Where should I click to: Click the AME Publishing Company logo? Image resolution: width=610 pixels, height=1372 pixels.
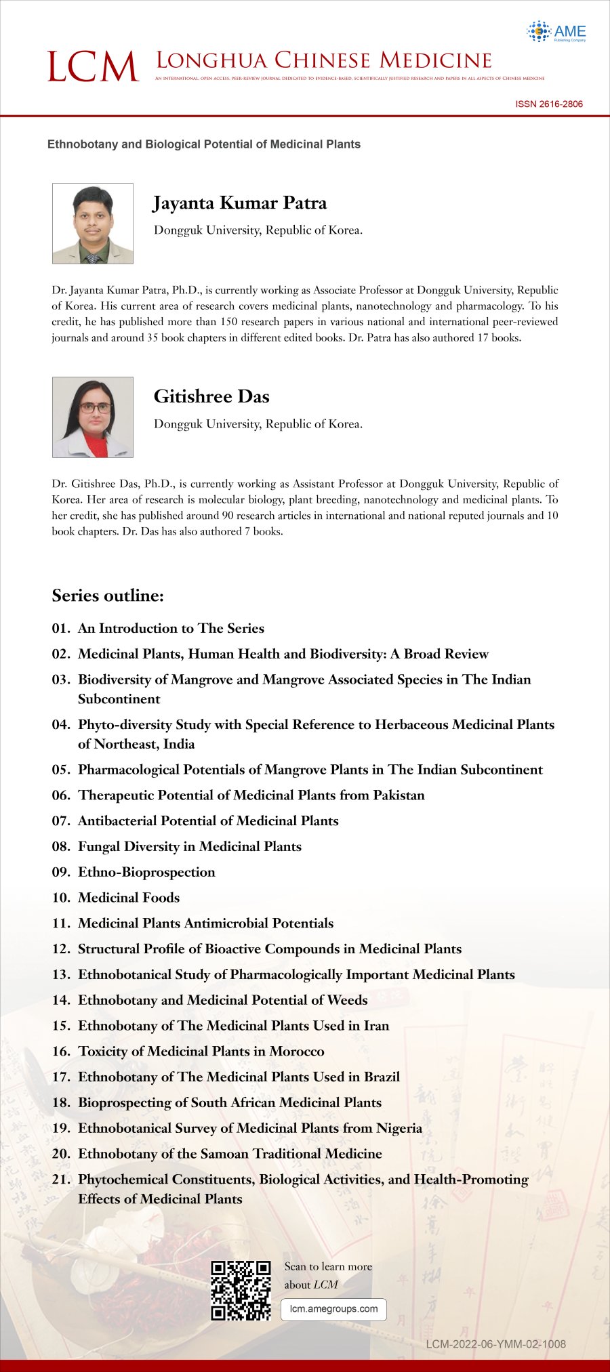[x=556, y=31]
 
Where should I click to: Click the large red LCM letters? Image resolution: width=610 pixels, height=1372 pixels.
[x=93, y=67]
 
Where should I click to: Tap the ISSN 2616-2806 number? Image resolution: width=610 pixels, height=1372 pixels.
[x=548, y=104]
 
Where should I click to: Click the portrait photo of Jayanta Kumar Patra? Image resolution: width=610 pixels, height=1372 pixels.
[x=93, y=223]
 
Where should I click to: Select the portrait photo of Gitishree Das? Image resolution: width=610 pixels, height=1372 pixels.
[x=93, y=417]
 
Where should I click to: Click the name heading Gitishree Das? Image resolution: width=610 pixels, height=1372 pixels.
[x=211, y=396]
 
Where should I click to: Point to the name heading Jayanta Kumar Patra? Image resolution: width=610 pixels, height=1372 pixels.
[x=240, y=203]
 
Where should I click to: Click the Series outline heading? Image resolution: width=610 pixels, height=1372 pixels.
[x=108, y=596]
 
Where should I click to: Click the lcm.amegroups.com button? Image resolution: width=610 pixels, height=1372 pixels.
[x=333, y=1309]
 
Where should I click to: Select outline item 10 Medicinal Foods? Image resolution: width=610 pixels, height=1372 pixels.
[x=129, y=898]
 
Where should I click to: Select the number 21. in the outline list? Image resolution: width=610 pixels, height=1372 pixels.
[x=61, y=1180]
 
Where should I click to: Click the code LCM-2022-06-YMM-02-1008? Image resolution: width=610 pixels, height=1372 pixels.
[x=495, y=1344]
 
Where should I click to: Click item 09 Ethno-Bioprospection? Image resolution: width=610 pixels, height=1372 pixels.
[x=146, y=872]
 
